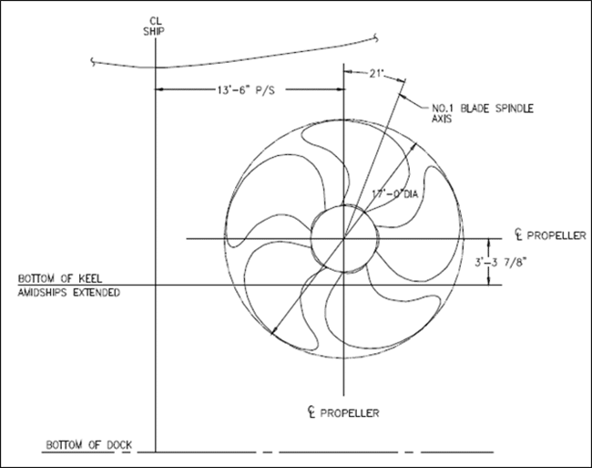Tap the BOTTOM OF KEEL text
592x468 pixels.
coord(59,277)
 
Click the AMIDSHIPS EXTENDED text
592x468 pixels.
coord(64,293)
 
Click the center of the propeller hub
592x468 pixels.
coord(343,239)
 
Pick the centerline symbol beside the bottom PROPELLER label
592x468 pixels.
coord(312,411)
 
